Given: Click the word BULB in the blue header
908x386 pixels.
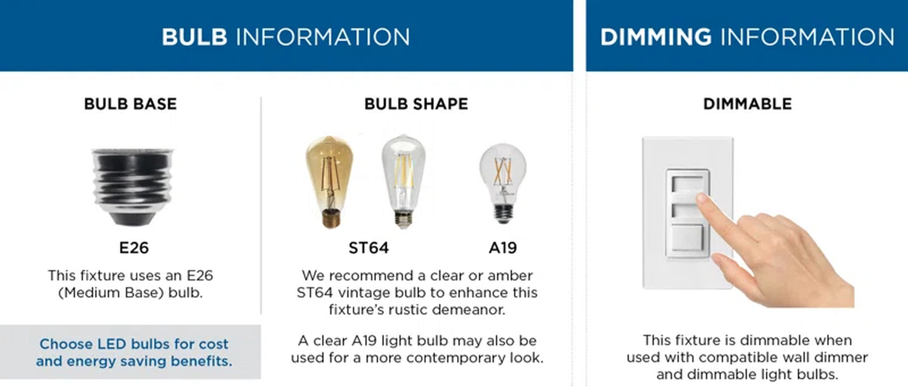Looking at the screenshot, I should (194, 37).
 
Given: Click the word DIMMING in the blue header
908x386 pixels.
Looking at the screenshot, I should (656, 37).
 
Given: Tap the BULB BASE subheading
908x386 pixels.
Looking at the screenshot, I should (130, 104).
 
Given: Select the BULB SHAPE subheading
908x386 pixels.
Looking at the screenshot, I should (416, 104).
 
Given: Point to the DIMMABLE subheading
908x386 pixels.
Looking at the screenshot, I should (747, 104).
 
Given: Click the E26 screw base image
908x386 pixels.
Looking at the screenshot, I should (133, 186).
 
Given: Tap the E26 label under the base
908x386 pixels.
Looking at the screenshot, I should (134, 248).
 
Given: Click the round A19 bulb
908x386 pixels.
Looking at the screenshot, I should (503, 181).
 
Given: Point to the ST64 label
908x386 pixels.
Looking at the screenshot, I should (369, 248).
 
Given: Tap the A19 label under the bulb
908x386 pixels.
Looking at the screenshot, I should (503, 248).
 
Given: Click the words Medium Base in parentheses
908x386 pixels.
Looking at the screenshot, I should (112, 293).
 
